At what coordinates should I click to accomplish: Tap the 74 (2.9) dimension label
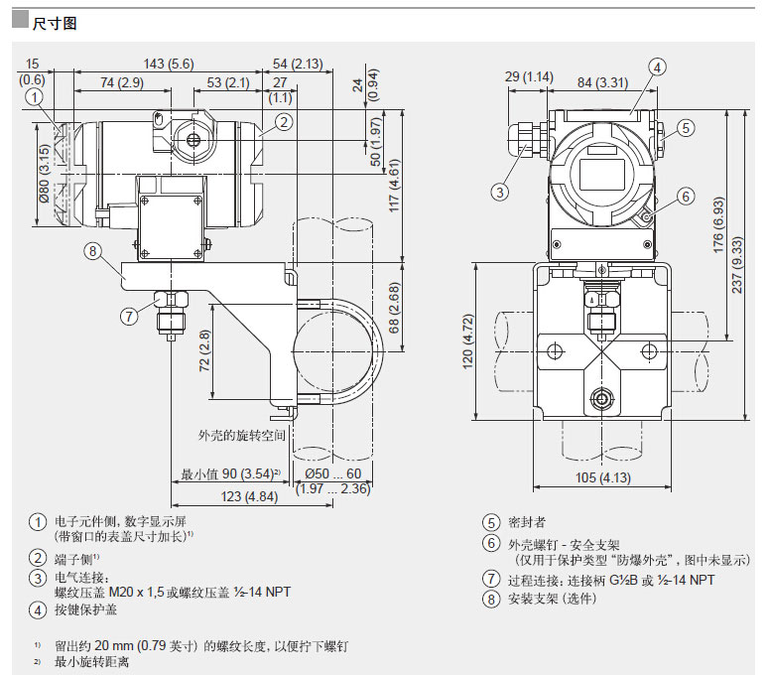114,82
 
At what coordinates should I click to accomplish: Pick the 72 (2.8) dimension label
203,350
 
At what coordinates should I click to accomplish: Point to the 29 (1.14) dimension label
529,76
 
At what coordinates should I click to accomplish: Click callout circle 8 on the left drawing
92,251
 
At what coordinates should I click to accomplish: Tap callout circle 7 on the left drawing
128,317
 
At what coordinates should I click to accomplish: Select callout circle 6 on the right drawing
685,197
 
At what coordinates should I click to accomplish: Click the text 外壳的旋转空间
242,435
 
